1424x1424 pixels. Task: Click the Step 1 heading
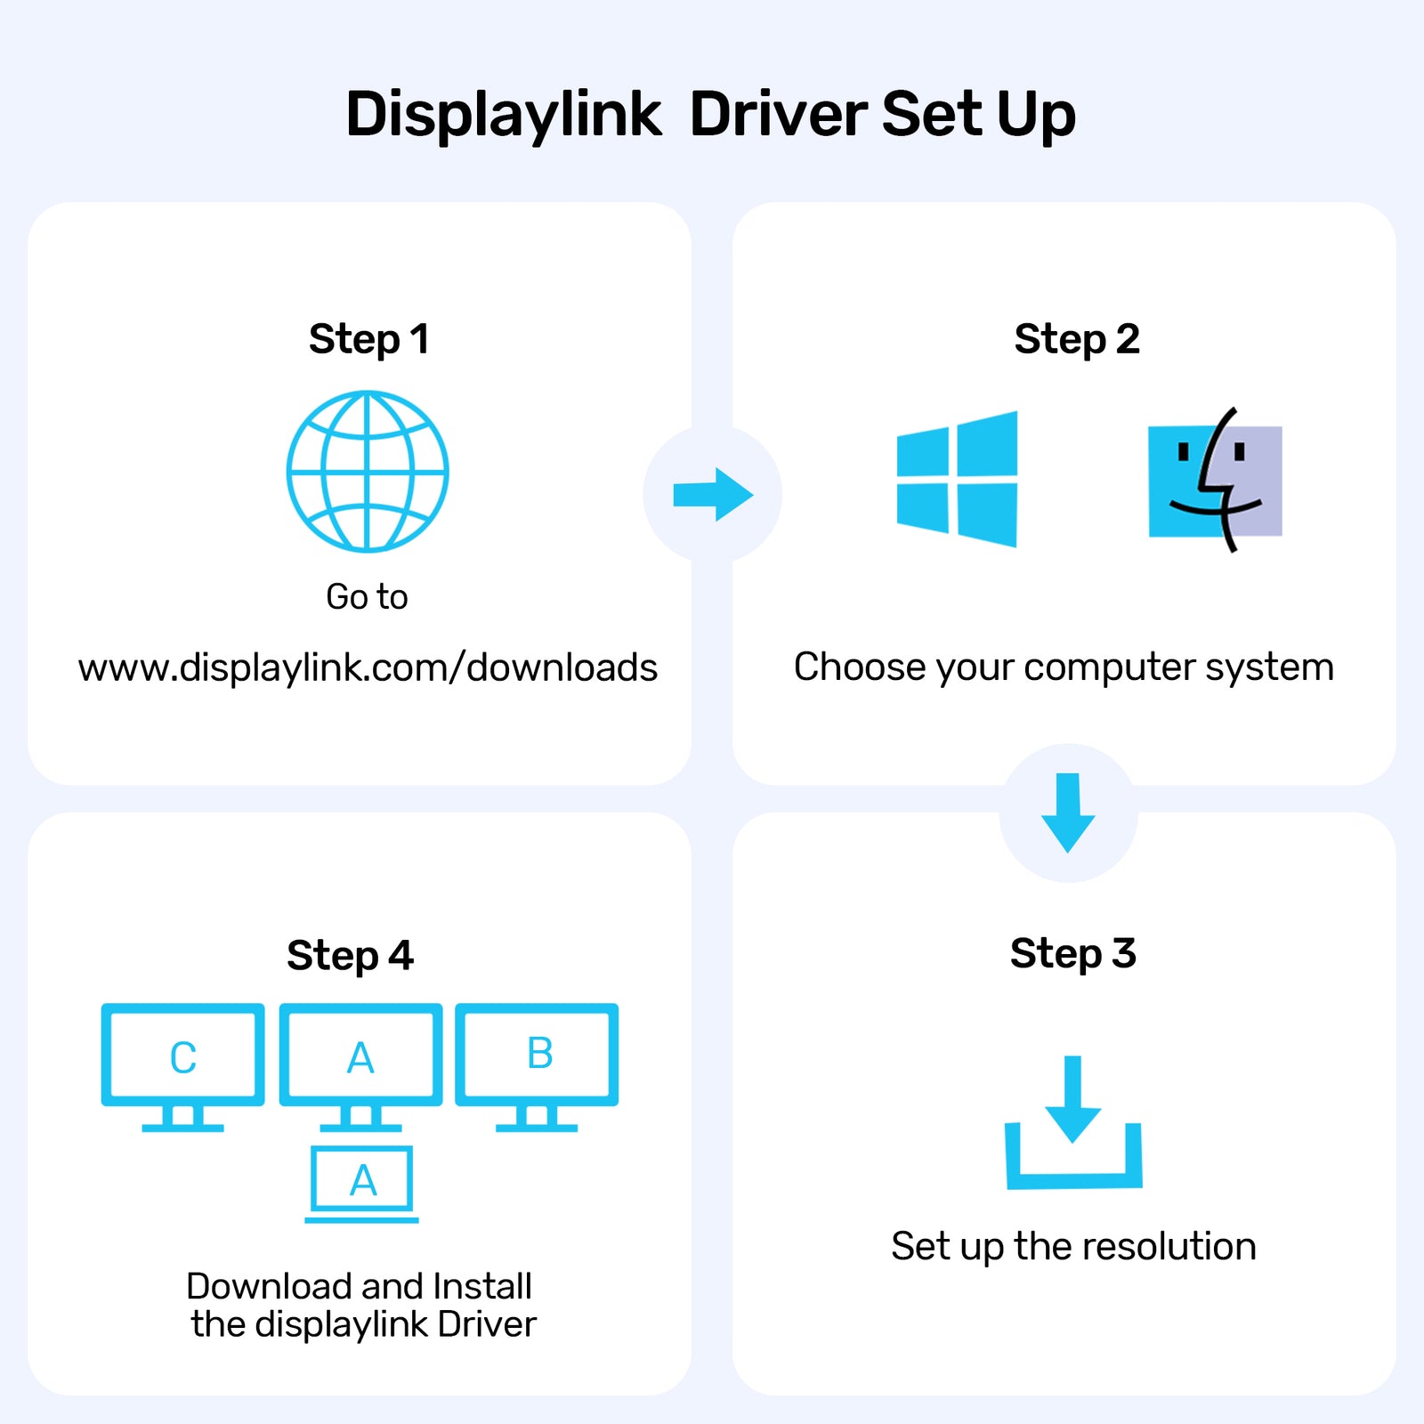[368, 339]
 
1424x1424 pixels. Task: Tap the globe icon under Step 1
[368, 472]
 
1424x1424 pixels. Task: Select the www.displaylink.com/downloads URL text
[368, 668]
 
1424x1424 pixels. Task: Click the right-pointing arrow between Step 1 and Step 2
[713, 495]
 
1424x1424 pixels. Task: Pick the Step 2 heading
[1076, 339]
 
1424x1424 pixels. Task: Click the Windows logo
[958, 480]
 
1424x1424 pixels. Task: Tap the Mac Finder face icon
[1215, 481]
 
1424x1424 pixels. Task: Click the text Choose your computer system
[1064, 667]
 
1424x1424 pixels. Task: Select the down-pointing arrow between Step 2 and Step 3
[1068, 813]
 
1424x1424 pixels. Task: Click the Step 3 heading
[1072, 953]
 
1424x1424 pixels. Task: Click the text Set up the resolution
[1073, 1247]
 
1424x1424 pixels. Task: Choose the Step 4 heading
[350, 956]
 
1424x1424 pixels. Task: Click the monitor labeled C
[183, 1064]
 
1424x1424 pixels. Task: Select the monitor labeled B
[537, 1064]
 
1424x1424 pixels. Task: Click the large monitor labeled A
[360, 1064]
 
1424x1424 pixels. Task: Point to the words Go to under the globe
[367, 597]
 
